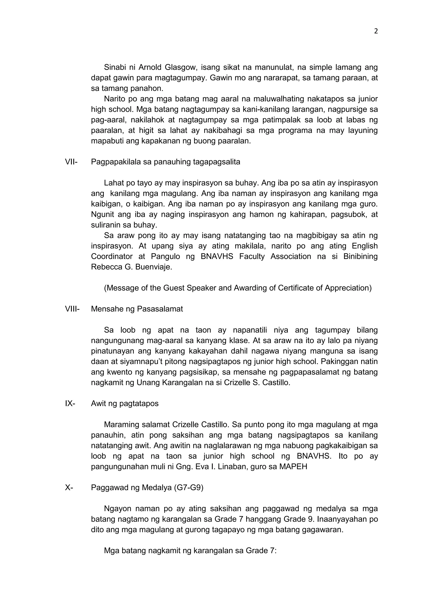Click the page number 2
[x=376, y=31]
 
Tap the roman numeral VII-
[x=71, y=162]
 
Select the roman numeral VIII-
[x=72, y=309]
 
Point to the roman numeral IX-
[x=70, y=404]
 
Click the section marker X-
[x=69, y=487]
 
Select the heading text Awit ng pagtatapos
[x=125, y=404]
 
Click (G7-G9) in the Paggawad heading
[x=189, y=487]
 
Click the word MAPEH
[x=293, y=466]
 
